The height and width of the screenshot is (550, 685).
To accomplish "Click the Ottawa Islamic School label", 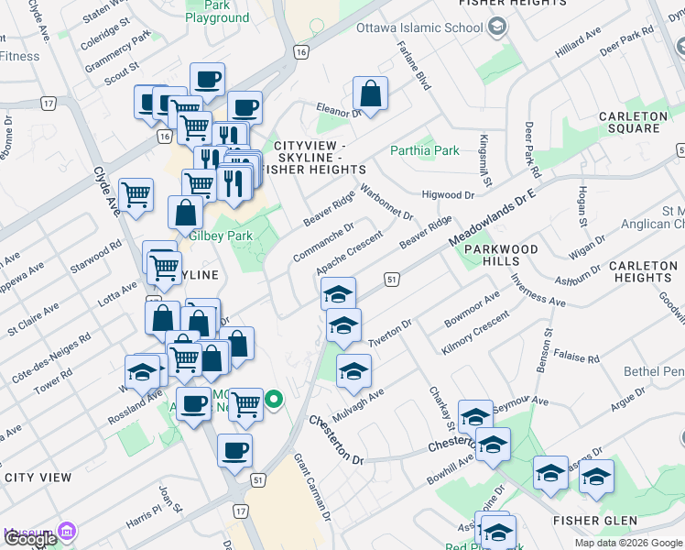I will [x=432, y=27].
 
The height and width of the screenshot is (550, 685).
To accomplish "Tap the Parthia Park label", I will [x=425, y=150].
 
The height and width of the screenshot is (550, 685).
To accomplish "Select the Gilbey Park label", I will [x=220, y=236].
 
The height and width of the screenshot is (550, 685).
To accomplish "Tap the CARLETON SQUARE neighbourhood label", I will [x=633, y=122].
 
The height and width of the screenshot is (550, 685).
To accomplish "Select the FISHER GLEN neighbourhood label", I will [x=594, y=521].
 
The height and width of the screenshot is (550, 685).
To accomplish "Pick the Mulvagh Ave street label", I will [x=358, y=403].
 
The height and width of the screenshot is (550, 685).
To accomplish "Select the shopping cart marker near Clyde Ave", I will [x=136, y=193].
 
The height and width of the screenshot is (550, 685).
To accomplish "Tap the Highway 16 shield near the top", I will [x=300, y=53].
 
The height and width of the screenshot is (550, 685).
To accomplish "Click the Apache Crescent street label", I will [x=349, y=252].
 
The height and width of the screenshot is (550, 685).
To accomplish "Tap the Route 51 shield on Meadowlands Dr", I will [x=391, y=279].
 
